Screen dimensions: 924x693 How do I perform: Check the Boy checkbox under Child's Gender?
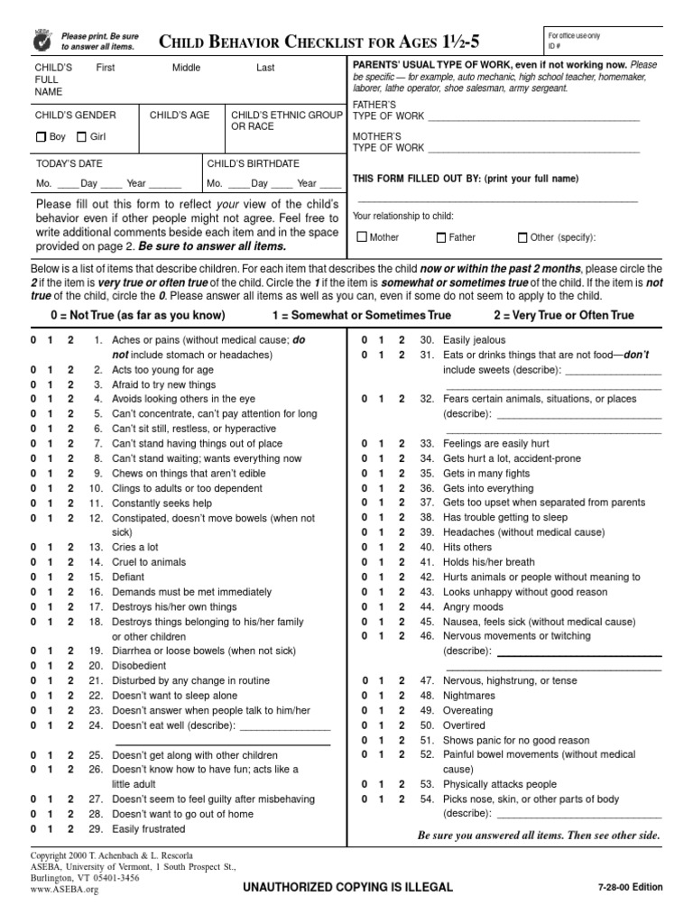41,137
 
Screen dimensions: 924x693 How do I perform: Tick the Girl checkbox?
82,137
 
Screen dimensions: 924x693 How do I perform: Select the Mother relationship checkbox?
363,238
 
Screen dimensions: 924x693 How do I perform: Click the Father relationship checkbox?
441,238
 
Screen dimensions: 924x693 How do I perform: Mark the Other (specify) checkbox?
522,238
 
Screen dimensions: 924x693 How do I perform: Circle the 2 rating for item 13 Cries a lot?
70,548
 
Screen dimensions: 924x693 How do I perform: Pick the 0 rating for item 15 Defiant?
32,577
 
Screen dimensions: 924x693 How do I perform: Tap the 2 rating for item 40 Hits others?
402,548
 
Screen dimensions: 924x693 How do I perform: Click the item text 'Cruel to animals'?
149,562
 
